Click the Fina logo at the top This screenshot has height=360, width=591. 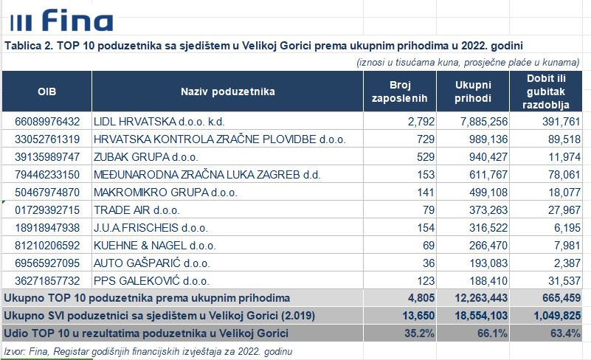coord(62,21)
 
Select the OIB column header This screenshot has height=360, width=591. coord(46,91)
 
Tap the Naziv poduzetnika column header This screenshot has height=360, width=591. coord(228,91)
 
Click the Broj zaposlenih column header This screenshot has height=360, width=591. coord(399,91)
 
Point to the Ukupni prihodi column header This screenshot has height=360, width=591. coord(473,91)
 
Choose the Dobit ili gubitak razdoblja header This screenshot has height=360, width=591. coord(546,91)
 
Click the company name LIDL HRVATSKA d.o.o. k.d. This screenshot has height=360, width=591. coord(159,122)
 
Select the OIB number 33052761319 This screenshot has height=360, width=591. coord(47,139)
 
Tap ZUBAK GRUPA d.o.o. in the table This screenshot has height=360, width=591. coord(146,157)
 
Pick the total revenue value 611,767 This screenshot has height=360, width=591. coord(488,175)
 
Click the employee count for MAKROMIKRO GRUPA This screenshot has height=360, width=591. coord(426,193)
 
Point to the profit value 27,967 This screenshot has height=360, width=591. coord(564,210)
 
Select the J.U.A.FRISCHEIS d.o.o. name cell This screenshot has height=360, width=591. coord(151,228)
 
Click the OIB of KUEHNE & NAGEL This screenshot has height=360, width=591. coord(47,246)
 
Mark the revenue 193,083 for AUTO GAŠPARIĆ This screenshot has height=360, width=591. coord(488,263)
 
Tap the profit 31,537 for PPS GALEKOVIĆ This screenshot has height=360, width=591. coord(564,281)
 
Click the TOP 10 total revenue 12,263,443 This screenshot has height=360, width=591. coord(481,298)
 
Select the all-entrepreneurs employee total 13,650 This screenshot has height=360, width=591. coord(418,316)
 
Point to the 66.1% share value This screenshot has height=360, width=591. coord(492,333)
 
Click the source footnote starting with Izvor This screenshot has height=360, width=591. coord(148,352)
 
